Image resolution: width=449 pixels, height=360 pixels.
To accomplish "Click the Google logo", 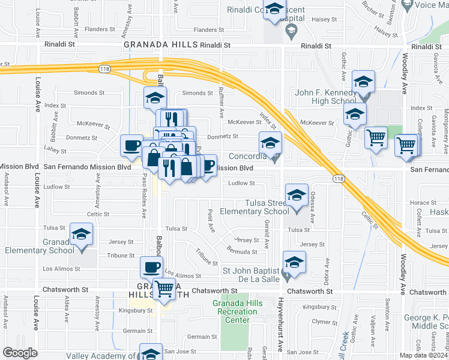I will (x=20, y=353).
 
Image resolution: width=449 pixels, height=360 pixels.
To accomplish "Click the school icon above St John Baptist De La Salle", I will (x=294, y=262).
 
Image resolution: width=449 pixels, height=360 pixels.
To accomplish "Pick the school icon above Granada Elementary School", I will (x=82, y=235).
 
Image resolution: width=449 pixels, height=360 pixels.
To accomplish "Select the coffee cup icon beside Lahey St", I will (x=131, y=145).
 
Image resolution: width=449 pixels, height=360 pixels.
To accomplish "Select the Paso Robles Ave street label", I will (x=144, y=196).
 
